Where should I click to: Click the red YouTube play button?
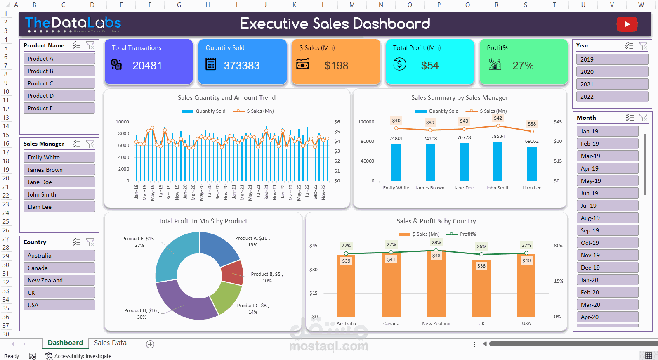(627, 24)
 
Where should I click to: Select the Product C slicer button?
(59, 83)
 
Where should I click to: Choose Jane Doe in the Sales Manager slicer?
(59, 182)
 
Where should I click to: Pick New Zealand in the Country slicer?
(59, 280)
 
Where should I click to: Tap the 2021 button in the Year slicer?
(612, 84)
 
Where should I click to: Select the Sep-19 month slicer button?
(607, 230)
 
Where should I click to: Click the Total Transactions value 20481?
(147, 66)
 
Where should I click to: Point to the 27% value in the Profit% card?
(523, 66)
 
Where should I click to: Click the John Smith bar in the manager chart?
(498, 161)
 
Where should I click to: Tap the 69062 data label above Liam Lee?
(532, 141)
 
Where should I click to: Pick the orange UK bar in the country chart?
(481, 289)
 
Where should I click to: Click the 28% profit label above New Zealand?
(436, 242)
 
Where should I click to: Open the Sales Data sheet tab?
(110, 343)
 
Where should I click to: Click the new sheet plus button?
(150, 344)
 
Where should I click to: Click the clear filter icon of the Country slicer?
(90, 242)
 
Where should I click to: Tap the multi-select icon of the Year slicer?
(629, 45)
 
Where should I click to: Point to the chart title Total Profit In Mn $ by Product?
(203, 221)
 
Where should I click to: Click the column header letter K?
(294, 5)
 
